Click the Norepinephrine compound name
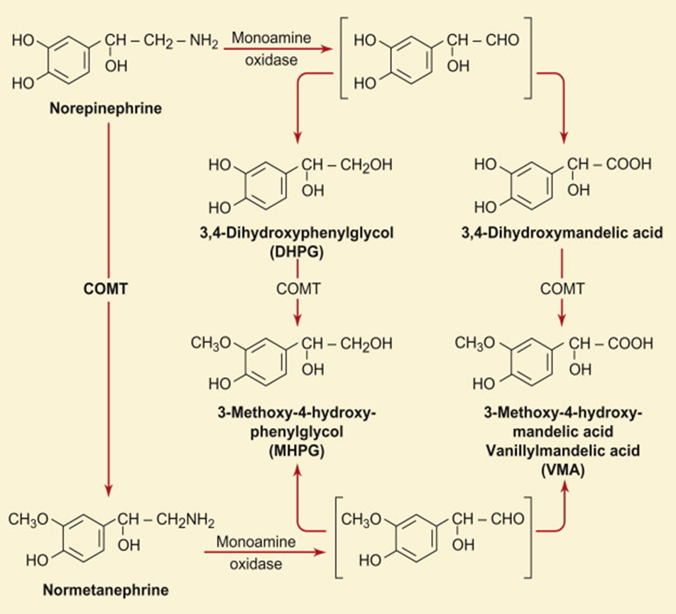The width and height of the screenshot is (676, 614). pyautogui.click(x=105, y=109)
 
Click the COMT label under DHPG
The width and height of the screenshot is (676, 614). pyautogui.click(x=298, y=289)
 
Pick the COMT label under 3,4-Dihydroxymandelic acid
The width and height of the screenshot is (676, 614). pyautogui.click(x=562, y=289)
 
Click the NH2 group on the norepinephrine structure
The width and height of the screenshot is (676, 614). pyautogui.click(x=204, y=43)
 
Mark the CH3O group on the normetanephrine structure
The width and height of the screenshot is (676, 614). pyautogui.click(x=28, y=520)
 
